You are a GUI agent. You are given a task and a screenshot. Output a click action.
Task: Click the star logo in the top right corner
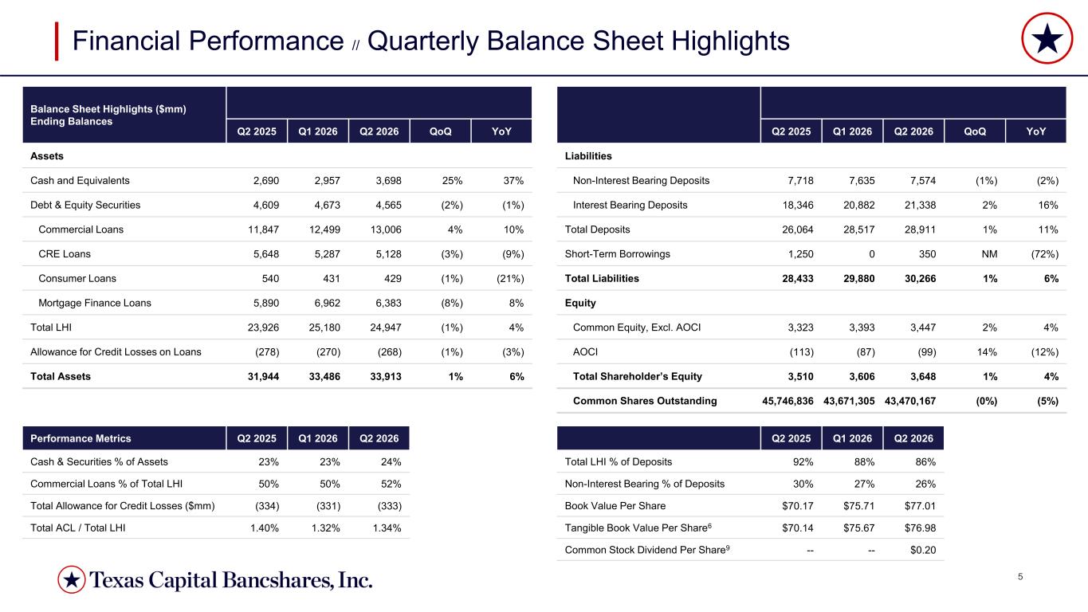coord(1047,38)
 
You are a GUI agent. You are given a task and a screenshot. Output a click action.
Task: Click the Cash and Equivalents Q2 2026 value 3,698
coord(389,181)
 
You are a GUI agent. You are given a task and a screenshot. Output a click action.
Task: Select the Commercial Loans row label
coord(81,229)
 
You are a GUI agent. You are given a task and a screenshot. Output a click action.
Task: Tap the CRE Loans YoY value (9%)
coord(513,254)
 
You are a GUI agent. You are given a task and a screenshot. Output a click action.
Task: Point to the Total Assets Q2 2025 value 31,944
coord(263,376)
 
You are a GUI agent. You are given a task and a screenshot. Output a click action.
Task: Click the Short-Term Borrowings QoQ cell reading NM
coord(989,254)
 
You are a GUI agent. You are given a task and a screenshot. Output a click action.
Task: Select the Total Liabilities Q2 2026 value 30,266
coord(920,278)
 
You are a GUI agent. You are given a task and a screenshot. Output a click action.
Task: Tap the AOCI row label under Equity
coord(585,351)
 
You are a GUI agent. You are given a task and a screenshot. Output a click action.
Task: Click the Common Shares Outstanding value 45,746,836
coord(788,401)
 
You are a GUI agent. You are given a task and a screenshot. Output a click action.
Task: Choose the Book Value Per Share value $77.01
coord(920,506)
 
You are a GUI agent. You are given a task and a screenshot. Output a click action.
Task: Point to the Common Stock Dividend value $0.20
coord(923,550)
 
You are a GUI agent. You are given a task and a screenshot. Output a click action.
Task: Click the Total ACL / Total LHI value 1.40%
coord(265,528)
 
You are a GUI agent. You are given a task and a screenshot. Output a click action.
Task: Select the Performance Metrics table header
coord(81,438)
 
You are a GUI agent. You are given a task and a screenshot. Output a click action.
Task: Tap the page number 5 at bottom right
coord(1020,577)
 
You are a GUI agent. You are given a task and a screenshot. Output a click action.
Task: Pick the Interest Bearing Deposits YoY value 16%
coord(1048,205)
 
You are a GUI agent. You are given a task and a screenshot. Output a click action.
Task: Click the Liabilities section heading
coord(588,156)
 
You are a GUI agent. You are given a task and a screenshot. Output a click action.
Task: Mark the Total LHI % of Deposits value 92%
coord(803,462)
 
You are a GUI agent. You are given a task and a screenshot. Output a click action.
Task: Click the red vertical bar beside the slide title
coord(57,41)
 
